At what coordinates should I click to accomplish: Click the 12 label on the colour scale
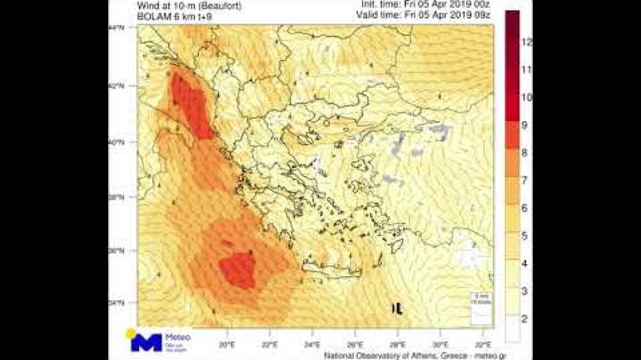[527, 42]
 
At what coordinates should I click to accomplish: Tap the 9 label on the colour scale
[524, 125]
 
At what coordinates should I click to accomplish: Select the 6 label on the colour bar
[524, 208]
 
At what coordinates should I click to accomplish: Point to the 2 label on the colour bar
[524, 318]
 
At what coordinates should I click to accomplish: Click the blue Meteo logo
[147, 342]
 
